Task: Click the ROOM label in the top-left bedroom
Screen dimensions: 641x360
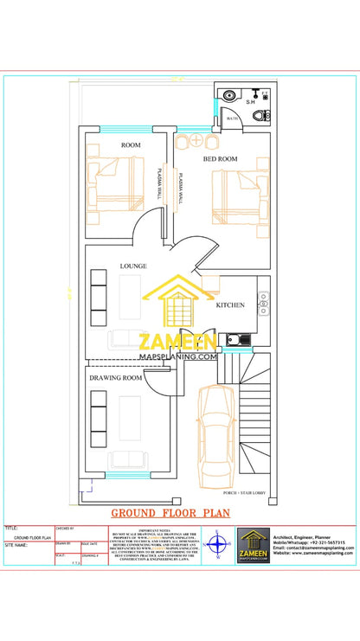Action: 131,144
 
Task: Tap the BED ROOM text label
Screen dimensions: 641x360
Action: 221,159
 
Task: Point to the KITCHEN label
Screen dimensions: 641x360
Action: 230,305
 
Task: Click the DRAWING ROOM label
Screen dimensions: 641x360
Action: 116,378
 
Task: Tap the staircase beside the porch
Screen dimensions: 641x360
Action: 256,424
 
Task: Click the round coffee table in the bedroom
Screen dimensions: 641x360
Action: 196,140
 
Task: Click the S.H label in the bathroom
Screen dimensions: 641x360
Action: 250,102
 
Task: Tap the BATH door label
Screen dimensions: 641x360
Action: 232,119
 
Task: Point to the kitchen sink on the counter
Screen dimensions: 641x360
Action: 263,304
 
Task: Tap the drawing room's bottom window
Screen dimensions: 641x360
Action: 129,475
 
